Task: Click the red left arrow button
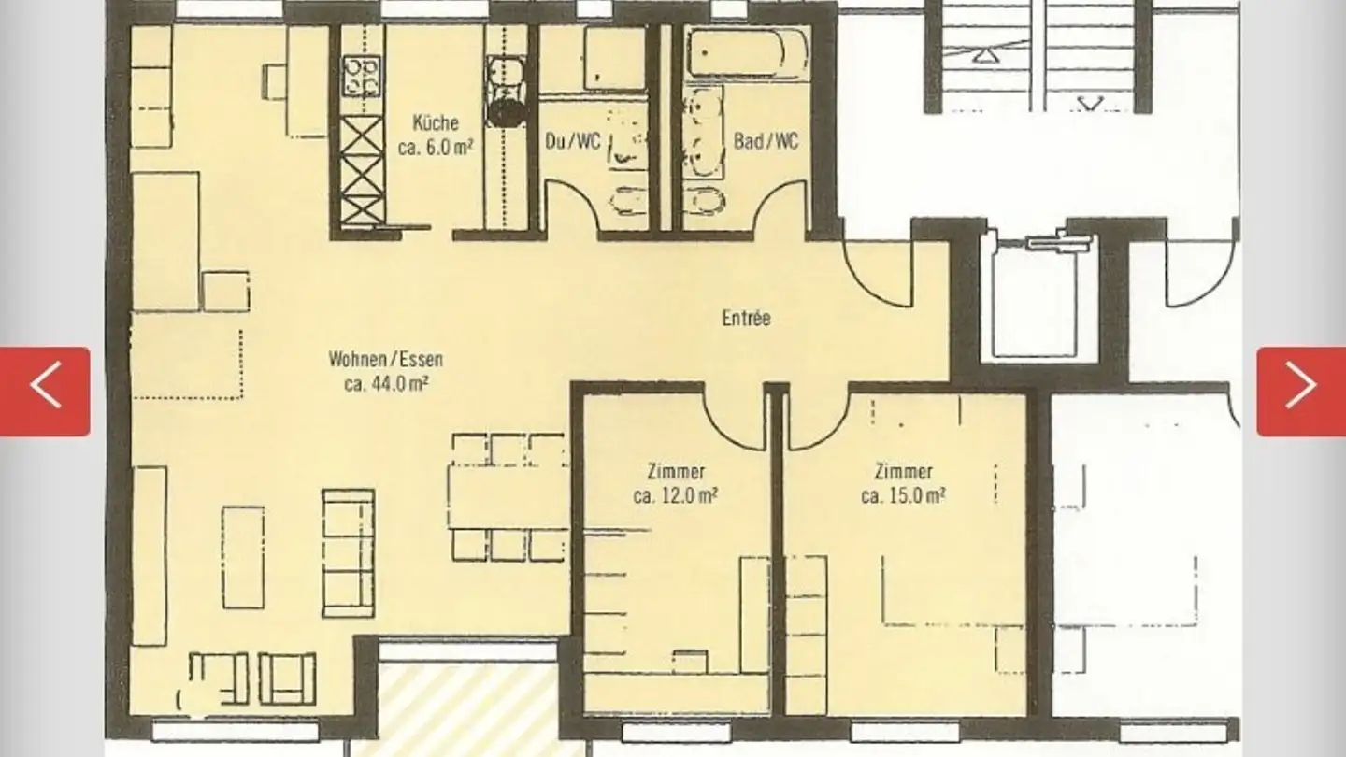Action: pyautogui.click(x=45, y=391)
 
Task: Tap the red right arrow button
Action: pyautogui.click(x=1300, y=391)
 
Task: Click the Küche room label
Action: pyautogui.click(x=435, y=122)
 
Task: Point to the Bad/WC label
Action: pyautogui.click(x=766, y=142)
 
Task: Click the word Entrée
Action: pyautogui.click(x=746, y=318)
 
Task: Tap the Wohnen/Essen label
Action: pyautogui.click(x=385, y=359)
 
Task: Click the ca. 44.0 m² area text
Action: pyautogui.click(x=385, y=382)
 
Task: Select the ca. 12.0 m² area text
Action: pyautogui.click(x=675, y=495)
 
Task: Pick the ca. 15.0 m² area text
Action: pyautogui.click(x=902, y=495)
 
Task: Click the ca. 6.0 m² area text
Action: pyautogui.click(x=435, y=147)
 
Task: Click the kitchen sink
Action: pyautogui.click(x=506, y=71)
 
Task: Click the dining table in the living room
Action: pyautogui.click(x=508, y=497)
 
